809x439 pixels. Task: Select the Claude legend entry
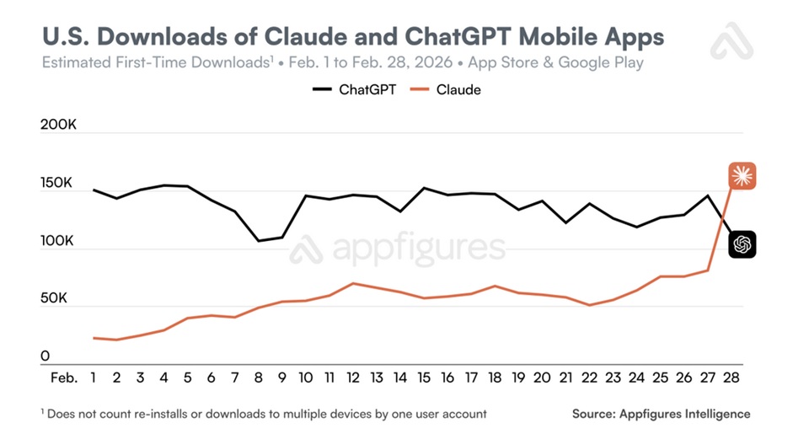[x=446, y=88]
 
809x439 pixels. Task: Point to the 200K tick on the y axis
[x=58, y=125]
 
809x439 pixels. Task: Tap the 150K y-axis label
[x=57, y=184]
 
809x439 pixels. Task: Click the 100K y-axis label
[x=57, y=241]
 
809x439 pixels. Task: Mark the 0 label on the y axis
[x=46, y=356]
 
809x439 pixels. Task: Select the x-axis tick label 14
[x=400, y=377]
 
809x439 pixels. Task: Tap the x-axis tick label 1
[x=94, y=377]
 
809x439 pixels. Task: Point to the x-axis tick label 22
[x=589, y=377]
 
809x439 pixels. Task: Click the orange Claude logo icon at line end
[x=742, y=176]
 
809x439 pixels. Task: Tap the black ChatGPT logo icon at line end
[x=742, y=244]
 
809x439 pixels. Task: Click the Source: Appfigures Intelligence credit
[x=661, y=414]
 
